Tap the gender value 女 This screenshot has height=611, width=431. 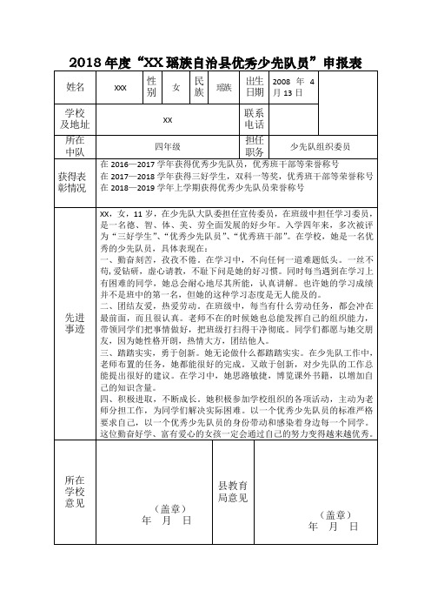coord(176,87)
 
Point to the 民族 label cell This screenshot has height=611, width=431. coord(199,87)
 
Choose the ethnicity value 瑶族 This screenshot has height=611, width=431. coord(223,87)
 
